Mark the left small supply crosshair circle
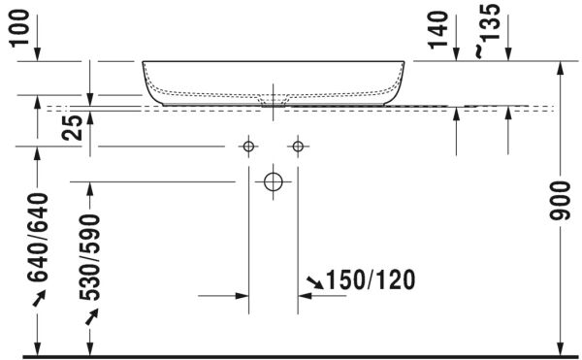248,147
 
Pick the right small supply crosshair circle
296,147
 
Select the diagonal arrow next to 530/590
91,316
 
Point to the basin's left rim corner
145,62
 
